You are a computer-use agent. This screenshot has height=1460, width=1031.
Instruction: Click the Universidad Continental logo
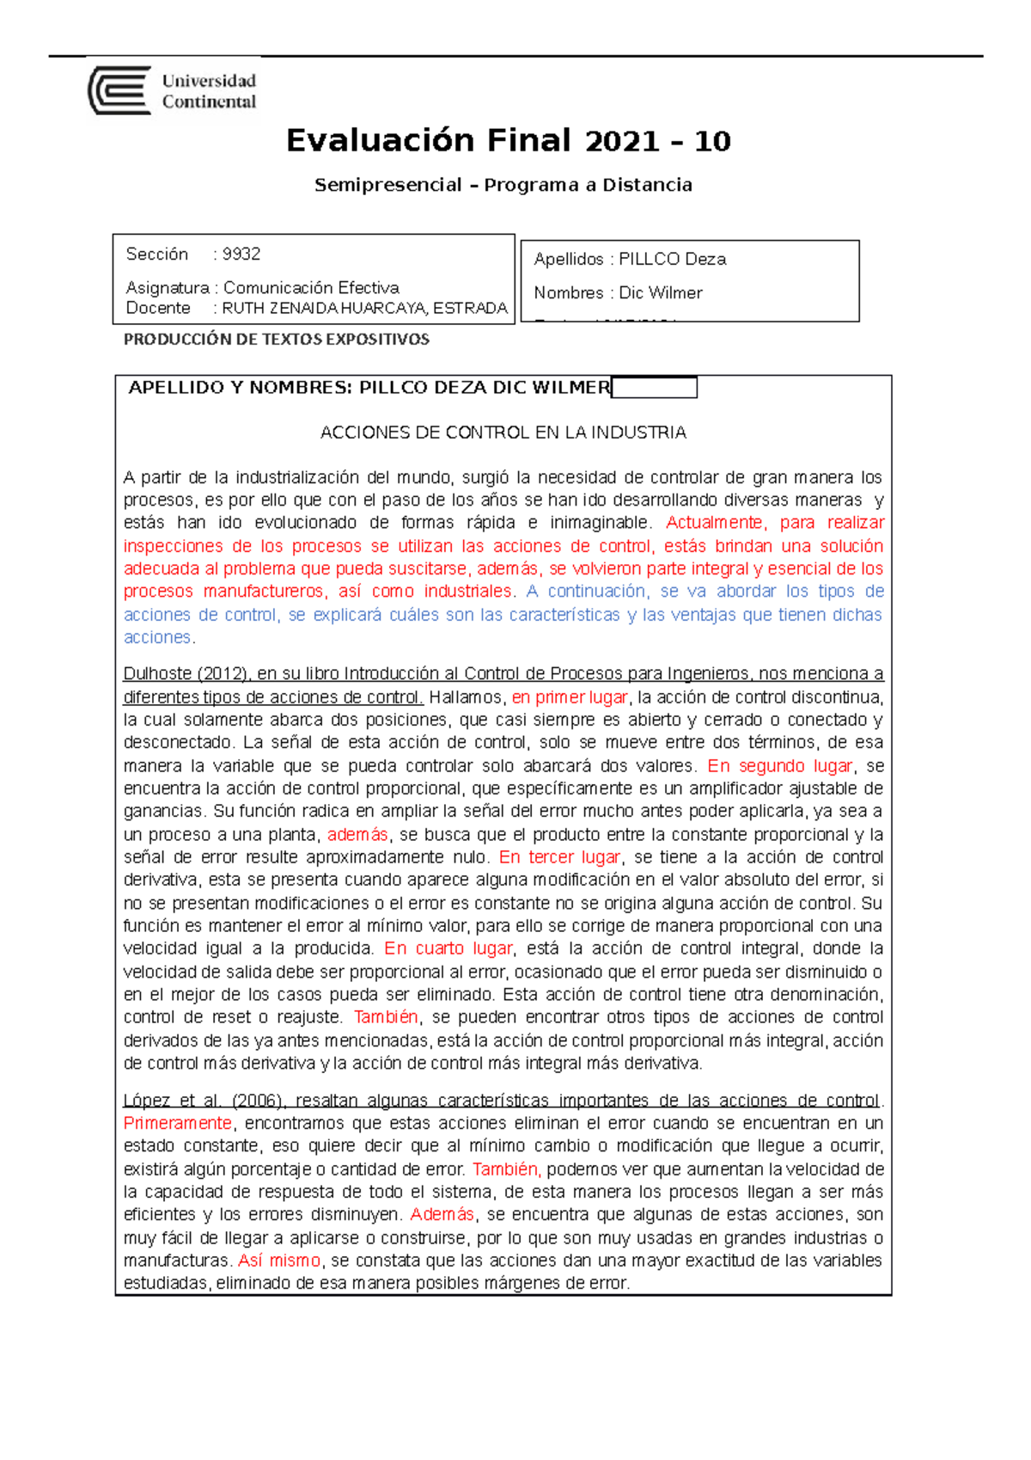click(172, 91)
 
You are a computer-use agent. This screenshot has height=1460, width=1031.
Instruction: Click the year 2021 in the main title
click(621, 141)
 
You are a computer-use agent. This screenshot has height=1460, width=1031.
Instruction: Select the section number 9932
click(241, 255)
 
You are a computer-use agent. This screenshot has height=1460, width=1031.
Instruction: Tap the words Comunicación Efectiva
click(311, 287)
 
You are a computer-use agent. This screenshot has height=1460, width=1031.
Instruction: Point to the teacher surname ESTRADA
click(470, 308)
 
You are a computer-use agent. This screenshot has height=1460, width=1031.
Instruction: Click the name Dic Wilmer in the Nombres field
click(660, 293)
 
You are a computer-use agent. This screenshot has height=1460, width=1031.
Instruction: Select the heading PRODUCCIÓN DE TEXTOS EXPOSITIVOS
click(276, 340)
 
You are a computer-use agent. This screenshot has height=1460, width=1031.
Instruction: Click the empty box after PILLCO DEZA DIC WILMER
click(654, 388)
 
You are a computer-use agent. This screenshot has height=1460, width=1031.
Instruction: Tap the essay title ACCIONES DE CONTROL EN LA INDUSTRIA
click(503, 432)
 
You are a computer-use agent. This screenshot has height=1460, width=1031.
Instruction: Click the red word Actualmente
click(714, 523)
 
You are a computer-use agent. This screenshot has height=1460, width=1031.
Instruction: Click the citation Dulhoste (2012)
click(186, 674)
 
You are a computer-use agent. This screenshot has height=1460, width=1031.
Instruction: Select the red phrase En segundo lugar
click(779, 765)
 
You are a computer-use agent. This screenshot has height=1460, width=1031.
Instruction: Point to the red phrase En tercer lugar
click(559, 857)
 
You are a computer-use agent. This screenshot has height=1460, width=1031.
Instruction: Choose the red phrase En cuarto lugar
click(448, 948)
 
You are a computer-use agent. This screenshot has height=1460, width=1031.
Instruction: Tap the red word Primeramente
click(178, 1123)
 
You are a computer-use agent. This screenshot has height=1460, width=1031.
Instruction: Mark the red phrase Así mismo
click(278, 1261)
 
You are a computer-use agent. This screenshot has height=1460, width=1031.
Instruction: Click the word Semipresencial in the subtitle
click(387, 185)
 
